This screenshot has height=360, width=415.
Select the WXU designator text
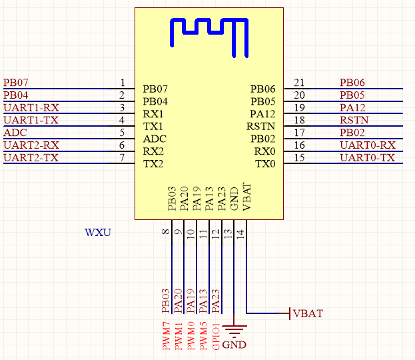(x=98, y=233)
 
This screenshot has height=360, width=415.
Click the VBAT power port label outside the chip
(x=308, y=313)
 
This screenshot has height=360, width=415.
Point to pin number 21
(x=299, y=83)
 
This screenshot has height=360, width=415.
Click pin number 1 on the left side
(x=123, y=83)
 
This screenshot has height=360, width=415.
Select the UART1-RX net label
(x=31, y=108)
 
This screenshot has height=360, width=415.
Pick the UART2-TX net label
(x=31, y=158)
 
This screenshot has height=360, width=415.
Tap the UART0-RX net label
(x=368, y=145)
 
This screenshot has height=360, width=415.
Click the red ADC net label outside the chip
(x=15, y=133)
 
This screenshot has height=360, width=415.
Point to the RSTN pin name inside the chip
(x=260, y=127)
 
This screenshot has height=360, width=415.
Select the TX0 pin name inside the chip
(x=265, y=164)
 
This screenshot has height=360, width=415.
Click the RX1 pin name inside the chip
(x=153, y=114)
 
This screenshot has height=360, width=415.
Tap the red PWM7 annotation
(x=166, y=335)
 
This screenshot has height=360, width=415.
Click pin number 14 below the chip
(x=240, y=235)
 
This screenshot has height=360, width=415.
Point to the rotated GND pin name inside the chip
(x=234, y=199)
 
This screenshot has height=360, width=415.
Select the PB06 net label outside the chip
(x=352, y=83)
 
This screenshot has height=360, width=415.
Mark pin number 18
(x=299, y=120)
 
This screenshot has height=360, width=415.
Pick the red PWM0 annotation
(x=191, y=335)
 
